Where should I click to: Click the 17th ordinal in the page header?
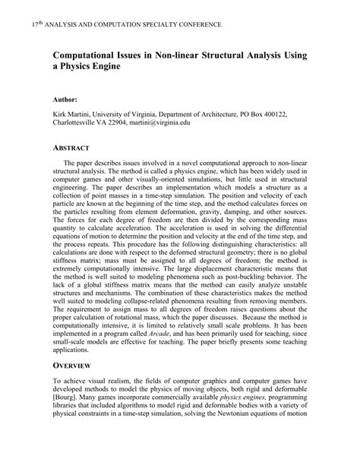35,24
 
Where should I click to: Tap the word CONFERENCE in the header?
196,25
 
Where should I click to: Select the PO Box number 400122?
271,113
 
